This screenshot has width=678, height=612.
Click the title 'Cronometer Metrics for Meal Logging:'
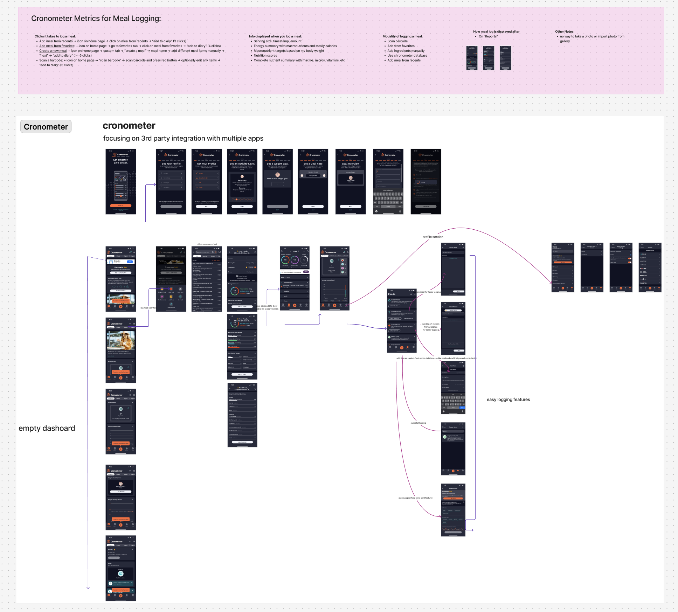tap(96, 19)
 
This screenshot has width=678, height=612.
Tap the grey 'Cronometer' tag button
tap(46, 127)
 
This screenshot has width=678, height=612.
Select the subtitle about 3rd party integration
tap(183, 139)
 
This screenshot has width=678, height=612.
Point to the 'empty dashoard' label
tap(47, 428)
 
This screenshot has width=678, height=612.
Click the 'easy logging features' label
tap(508, 399)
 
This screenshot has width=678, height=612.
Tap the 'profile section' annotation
tap(433, 237)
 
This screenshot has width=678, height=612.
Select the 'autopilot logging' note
tap(418, 423)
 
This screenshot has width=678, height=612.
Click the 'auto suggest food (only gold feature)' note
tap(415, 498)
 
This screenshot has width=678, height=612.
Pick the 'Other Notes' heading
tap(564, 32)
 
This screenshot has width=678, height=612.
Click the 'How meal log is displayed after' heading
tap(496, 32)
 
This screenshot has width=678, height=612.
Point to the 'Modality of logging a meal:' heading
tap(402, 36)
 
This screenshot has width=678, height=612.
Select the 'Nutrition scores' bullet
tap(265, 56)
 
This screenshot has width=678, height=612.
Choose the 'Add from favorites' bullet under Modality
tap(401, 46)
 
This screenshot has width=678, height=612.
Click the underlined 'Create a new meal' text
tap(53, 51)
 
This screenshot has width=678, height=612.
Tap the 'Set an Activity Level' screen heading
tap(242, 164)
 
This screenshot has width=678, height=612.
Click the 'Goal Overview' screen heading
tap(351, 164)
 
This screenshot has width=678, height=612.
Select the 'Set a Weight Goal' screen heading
tap(277, 164)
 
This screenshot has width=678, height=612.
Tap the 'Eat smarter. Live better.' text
tap(120, 161)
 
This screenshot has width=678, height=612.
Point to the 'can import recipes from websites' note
tap(430, 327)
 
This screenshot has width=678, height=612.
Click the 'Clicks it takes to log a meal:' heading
tap(55, 36)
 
